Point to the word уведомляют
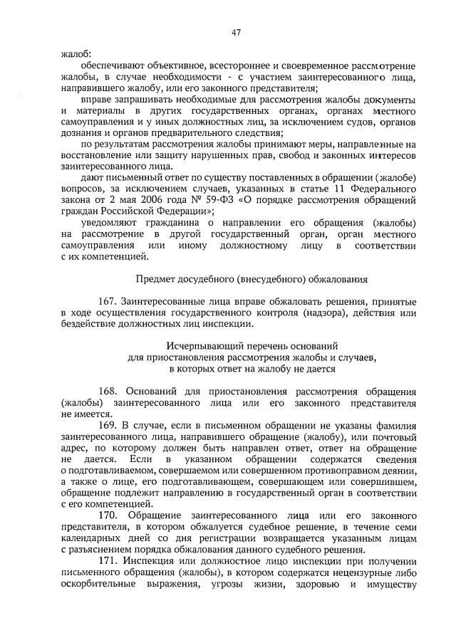point(110,224)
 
